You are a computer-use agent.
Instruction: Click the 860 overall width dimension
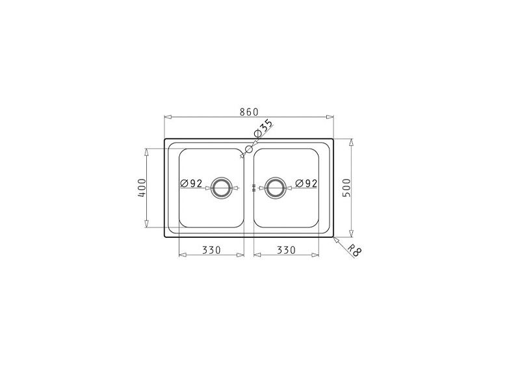(249, 112)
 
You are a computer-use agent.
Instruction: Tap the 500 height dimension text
(346, 188)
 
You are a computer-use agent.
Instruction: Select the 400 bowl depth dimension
(142, 188)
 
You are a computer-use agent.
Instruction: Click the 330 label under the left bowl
(212, 250)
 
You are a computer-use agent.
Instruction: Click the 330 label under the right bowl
(286, 250)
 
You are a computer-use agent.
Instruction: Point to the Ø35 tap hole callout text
(264, 128)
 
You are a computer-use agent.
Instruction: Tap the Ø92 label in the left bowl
(191, 183)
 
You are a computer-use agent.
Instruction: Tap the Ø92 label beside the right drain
(306, 183)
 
